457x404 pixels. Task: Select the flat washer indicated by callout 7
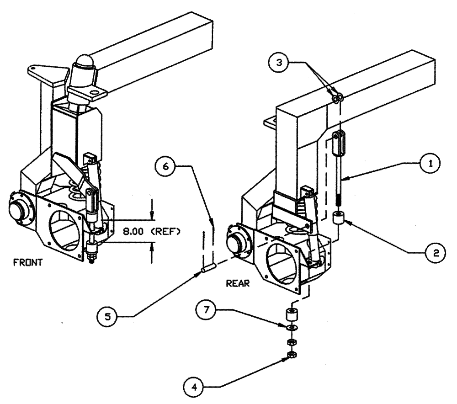[x=290, y=328]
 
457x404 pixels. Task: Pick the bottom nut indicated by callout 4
[x=290, y=355]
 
